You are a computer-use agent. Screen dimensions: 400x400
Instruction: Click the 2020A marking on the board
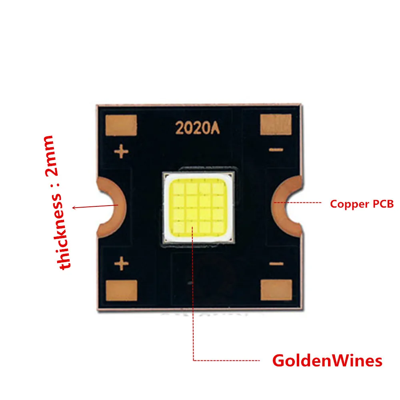click(x=198, y=128)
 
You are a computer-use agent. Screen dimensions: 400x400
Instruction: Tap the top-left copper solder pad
click(x=121, y=125)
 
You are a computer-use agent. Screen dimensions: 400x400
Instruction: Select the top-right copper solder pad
click(x=276, y=124)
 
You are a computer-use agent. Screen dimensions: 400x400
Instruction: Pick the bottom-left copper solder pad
click(x=122, y=290)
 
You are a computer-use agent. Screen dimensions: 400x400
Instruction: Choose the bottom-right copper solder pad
click(x=276, y=290)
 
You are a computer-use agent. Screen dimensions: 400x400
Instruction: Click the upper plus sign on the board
click(x=121, y=151)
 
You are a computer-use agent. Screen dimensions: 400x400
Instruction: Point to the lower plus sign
click(x=122, y=263)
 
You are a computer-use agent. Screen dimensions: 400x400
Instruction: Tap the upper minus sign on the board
click(x=276, y=150)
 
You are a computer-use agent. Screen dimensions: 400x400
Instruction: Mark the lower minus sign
click(x=276, y=264)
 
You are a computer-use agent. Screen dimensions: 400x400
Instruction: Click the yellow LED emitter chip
click(x=198, y=207)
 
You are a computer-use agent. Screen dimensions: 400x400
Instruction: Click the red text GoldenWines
click(x=327, y=361)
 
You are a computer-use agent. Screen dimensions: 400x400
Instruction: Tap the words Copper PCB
click(x=362, y=204)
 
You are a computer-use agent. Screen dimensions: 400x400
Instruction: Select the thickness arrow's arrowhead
click(x=74, y=208)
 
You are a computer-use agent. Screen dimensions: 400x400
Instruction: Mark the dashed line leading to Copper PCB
click(x=298, y=202)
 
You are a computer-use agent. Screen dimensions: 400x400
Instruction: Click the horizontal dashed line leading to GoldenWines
click(x=226, y=360)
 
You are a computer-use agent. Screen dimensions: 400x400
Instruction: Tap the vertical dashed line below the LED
click(x=193, y=293)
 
